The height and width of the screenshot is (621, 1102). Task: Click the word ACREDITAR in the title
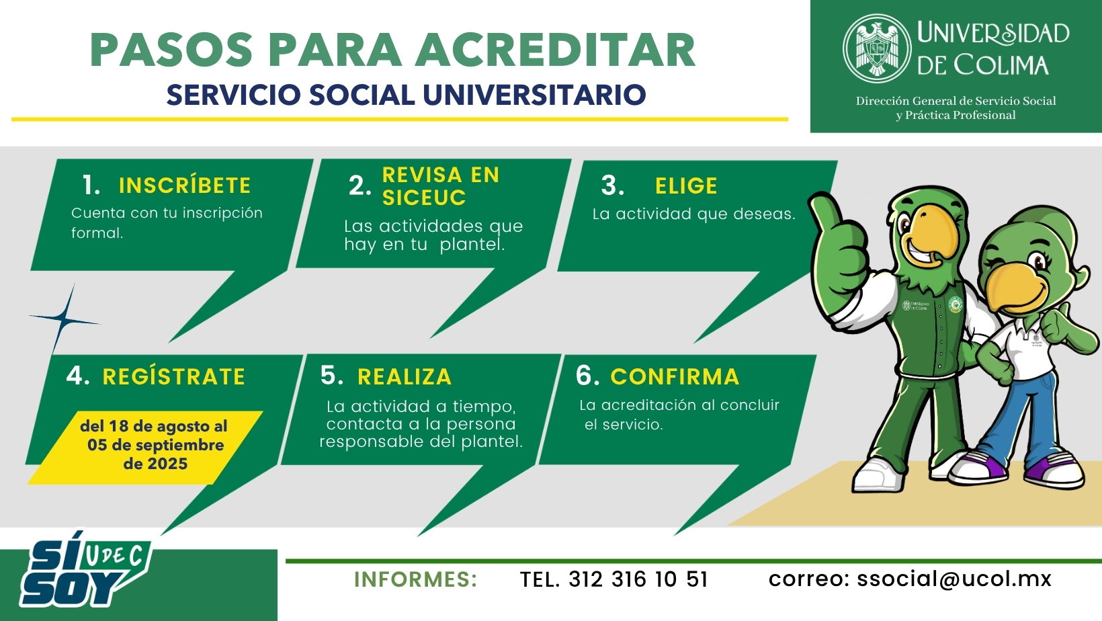(x=556, y=50)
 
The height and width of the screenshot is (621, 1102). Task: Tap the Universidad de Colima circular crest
(x=877, y=48)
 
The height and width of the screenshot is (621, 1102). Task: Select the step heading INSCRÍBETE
(x=185, y=185)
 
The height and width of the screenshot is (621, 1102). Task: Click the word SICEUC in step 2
(x=423, y=198)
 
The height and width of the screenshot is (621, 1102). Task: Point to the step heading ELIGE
(x=686, y=186)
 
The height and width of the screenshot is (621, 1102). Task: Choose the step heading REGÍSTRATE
(x=173, y=376)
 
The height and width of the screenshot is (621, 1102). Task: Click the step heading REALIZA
(x=405, y=377)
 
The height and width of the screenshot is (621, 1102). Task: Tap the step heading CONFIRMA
(x=675, y=377)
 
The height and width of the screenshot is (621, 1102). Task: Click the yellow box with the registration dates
(x=146, y=448)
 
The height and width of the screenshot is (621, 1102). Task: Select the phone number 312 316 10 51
(x=638, y=579)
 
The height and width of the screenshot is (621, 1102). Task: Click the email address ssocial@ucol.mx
(x=954, y=579)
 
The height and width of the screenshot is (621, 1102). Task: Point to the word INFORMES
(x=415, y=579)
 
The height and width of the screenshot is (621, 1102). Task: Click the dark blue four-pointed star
(x=65, y=320)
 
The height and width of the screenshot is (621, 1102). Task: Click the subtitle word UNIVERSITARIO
(x=534, y=95)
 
